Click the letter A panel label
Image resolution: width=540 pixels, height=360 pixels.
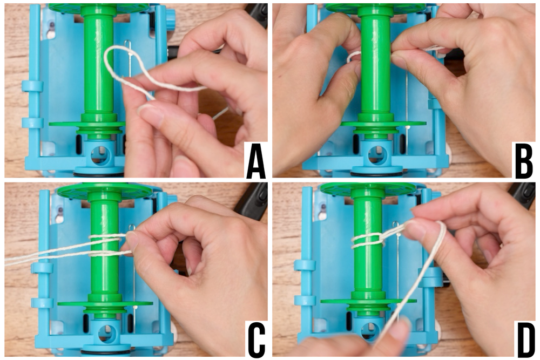(256, 161)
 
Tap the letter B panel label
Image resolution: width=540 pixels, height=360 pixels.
(523, 161)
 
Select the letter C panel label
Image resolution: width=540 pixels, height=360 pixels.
(256, 339)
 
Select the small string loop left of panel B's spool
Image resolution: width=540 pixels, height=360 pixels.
(352, 57)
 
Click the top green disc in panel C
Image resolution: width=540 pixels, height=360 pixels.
(105, 190)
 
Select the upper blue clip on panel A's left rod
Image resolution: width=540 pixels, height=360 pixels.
(33, 86)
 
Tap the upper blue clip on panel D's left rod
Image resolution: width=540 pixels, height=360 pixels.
(305, 266)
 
